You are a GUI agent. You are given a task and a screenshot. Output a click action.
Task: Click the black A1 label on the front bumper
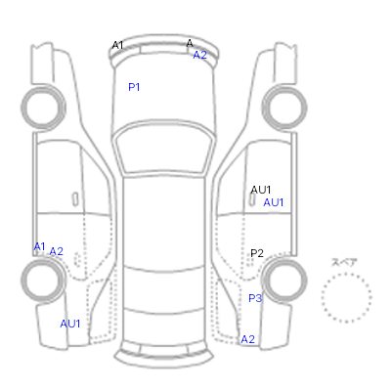[x=117, y=45]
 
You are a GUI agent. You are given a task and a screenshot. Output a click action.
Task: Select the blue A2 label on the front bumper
[x=199, y=55]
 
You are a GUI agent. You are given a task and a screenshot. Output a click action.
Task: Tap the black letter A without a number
[x=190, y=43]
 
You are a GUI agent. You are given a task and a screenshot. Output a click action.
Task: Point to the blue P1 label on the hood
[x=134, y=87]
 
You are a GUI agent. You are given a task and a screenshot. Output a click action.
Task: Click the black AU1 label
[x=261, y=190]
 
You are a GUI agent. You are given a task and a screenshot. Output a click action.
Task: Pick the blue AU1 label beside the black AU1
[x=274, y=202]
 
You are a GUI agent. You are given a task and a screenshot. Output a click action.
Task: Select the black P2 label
[x=257, y=253]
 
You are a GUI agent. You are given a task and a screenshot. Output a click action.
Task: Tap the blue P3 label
[x=255, y=298]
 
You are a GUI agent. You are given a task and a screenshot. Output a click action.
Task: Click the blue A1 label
[x=39, y=246]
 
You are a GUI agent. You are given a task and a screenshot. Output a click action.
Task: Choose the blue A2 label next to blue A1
[x=56, y=251]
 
